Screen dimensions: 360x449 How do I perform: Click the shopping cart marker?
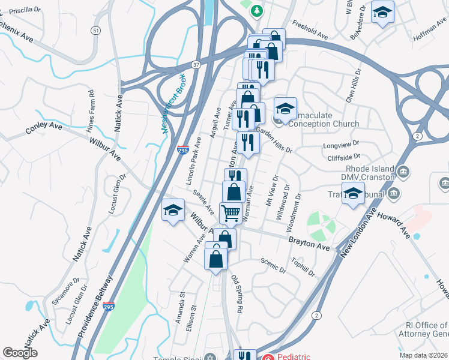231,212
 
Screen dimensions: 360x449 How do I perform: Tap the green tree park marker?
257,10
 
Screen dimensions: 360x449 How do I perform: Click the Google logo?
20,353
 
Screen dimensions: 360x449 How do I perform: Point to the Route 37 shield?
196,64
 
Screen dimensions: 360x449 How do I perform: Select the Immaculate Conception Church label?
324,124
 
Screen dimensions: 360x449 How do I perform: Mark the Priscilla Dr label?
31,10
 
